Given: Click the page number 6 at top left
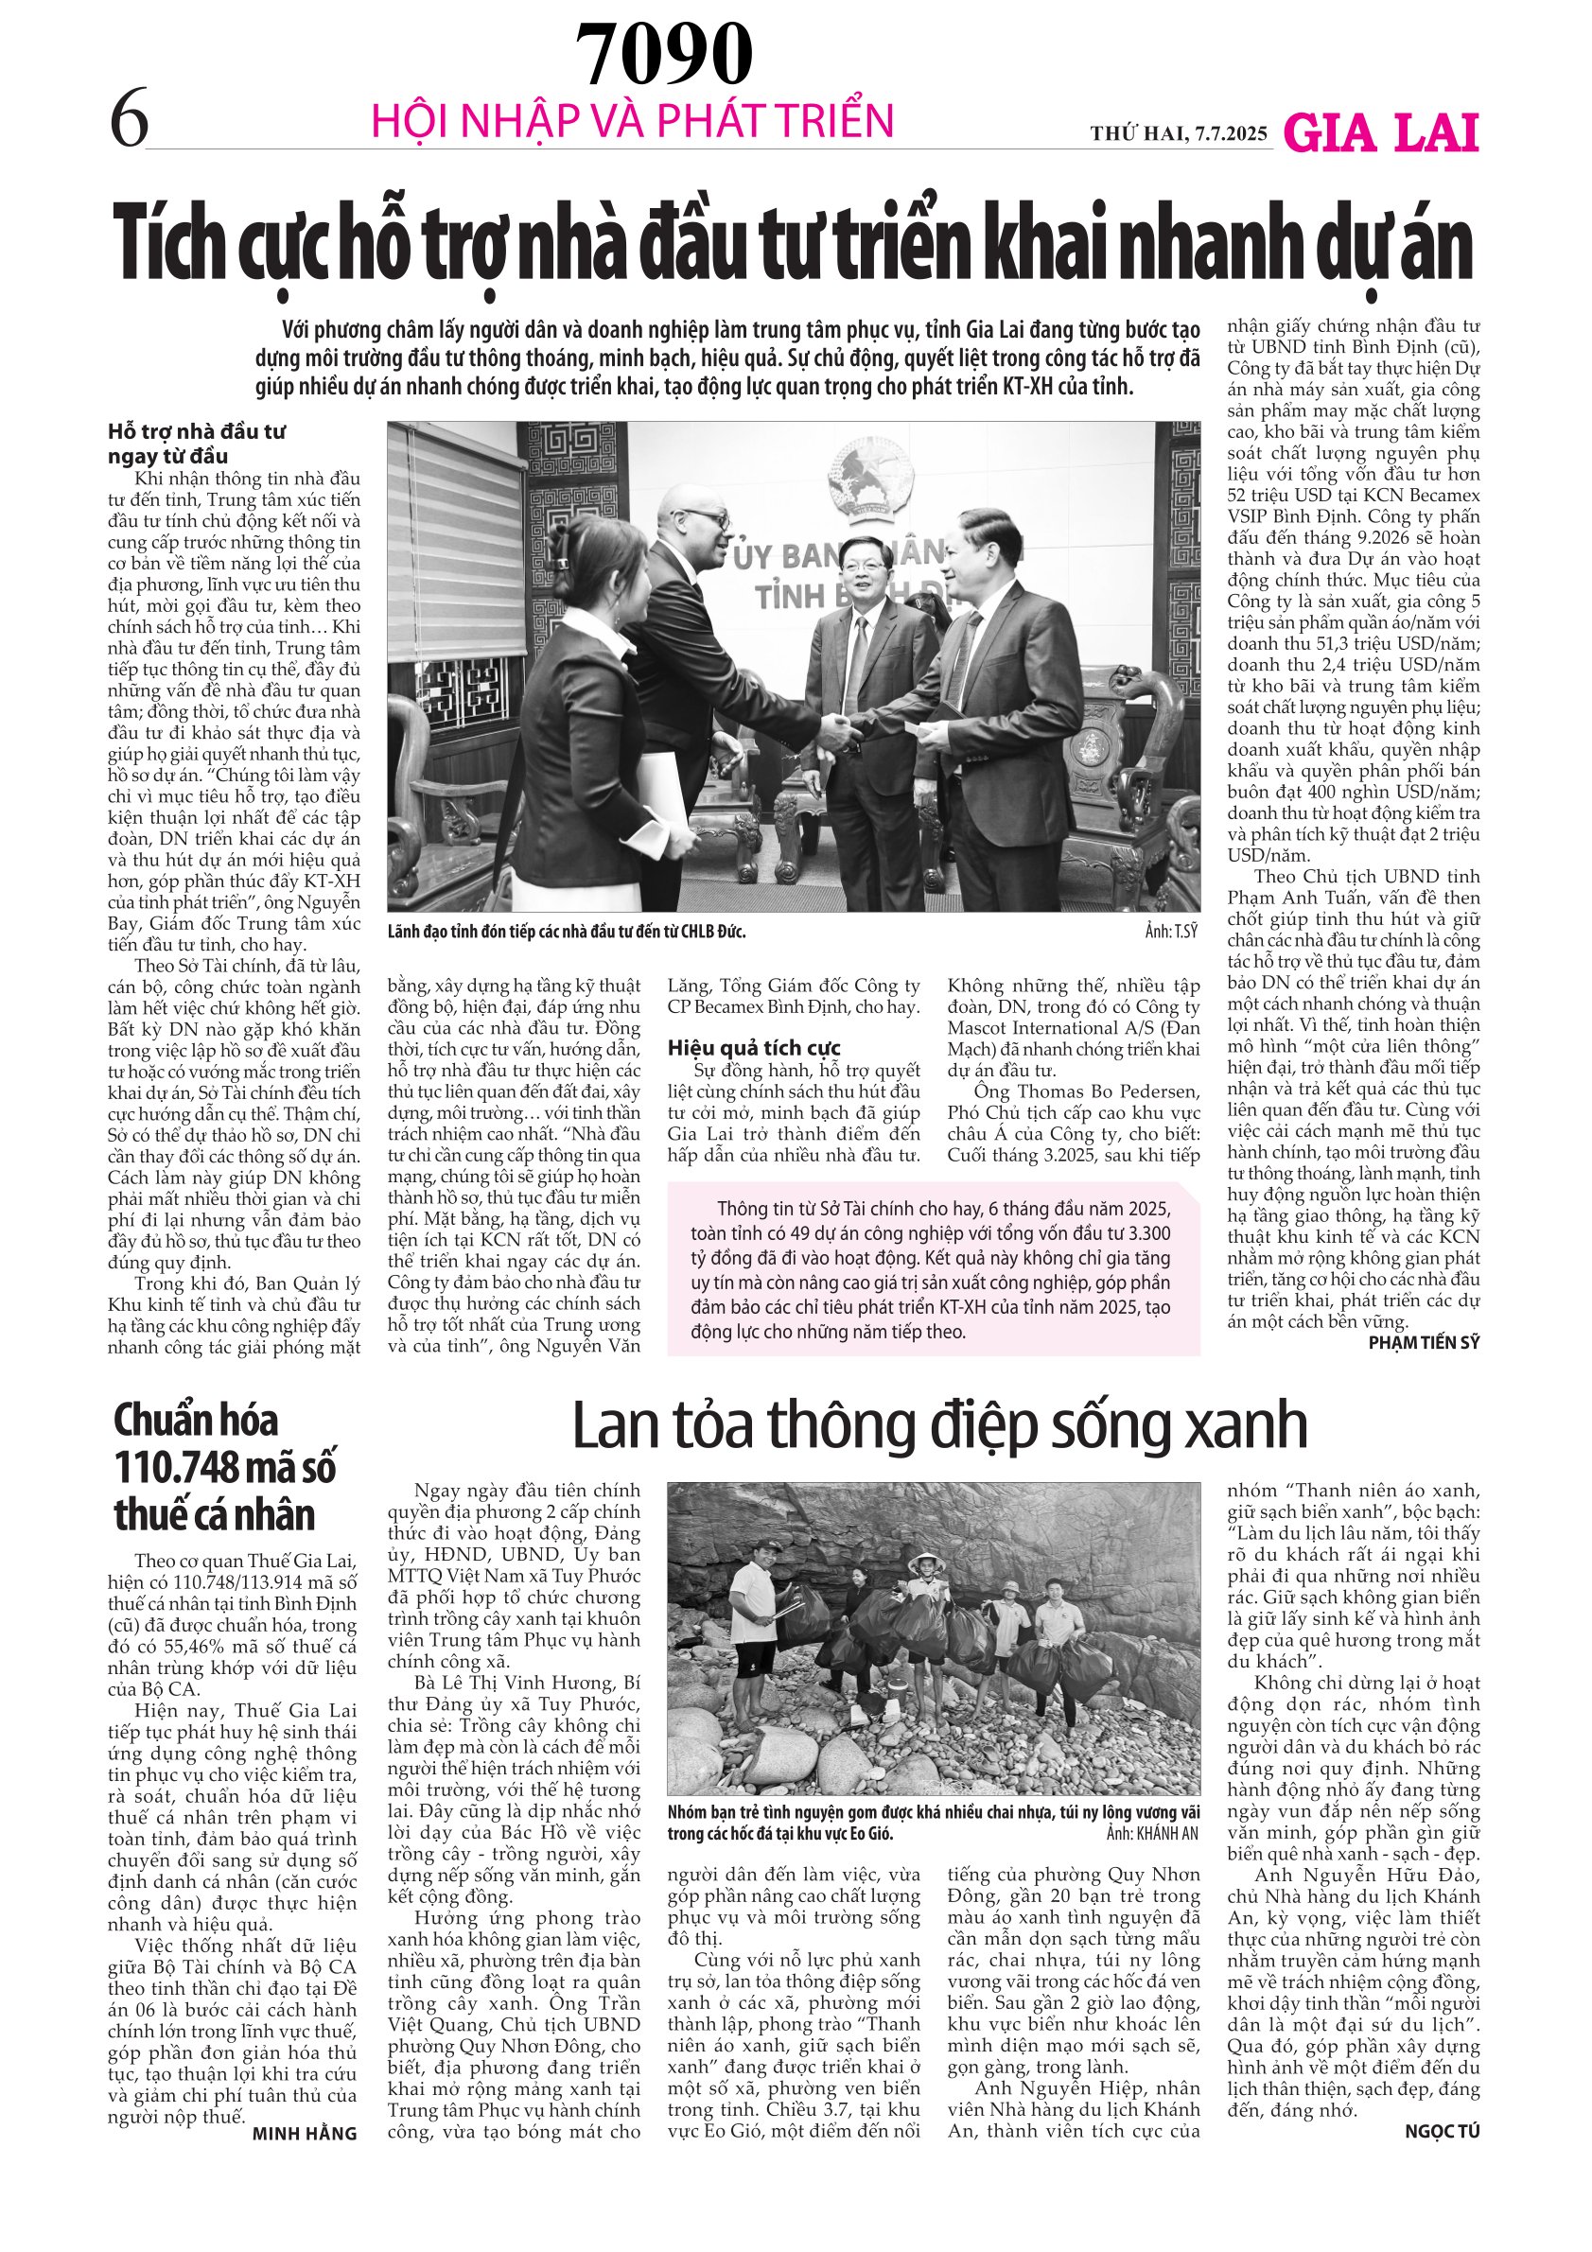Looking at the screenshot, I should [x=130, y=118].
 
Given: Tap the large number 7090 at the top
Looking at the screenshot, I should [x=663, y=55].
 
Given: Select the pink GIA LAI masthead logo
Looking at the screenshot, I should [x=1381, y=133].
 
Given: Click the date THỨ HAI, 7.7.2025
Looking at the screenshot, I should [x=1178, y=133].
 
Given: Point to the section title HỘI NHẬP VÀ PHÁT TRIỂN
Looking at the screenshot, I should [x=633, y=121].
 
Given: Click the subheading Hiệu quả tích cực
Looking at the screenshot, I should [x=753, y=1048].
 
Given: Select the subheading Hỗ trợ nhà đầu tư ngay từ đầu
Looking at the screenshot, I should [x=197, y=444].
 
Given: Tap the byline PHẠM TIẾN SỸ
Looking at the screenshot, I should [x=1424, y=1343].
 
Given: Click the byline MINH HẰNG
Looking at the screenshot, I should [x=304, y=2134].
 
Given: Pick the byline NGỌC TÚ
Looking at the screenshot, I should [x=1441, y=2130].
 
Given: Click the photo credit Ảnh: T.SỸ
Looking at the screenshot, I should [x=1171, y=931].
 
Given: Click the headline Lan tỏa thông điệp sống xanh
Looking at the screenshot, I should [x=938, y=1425].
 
